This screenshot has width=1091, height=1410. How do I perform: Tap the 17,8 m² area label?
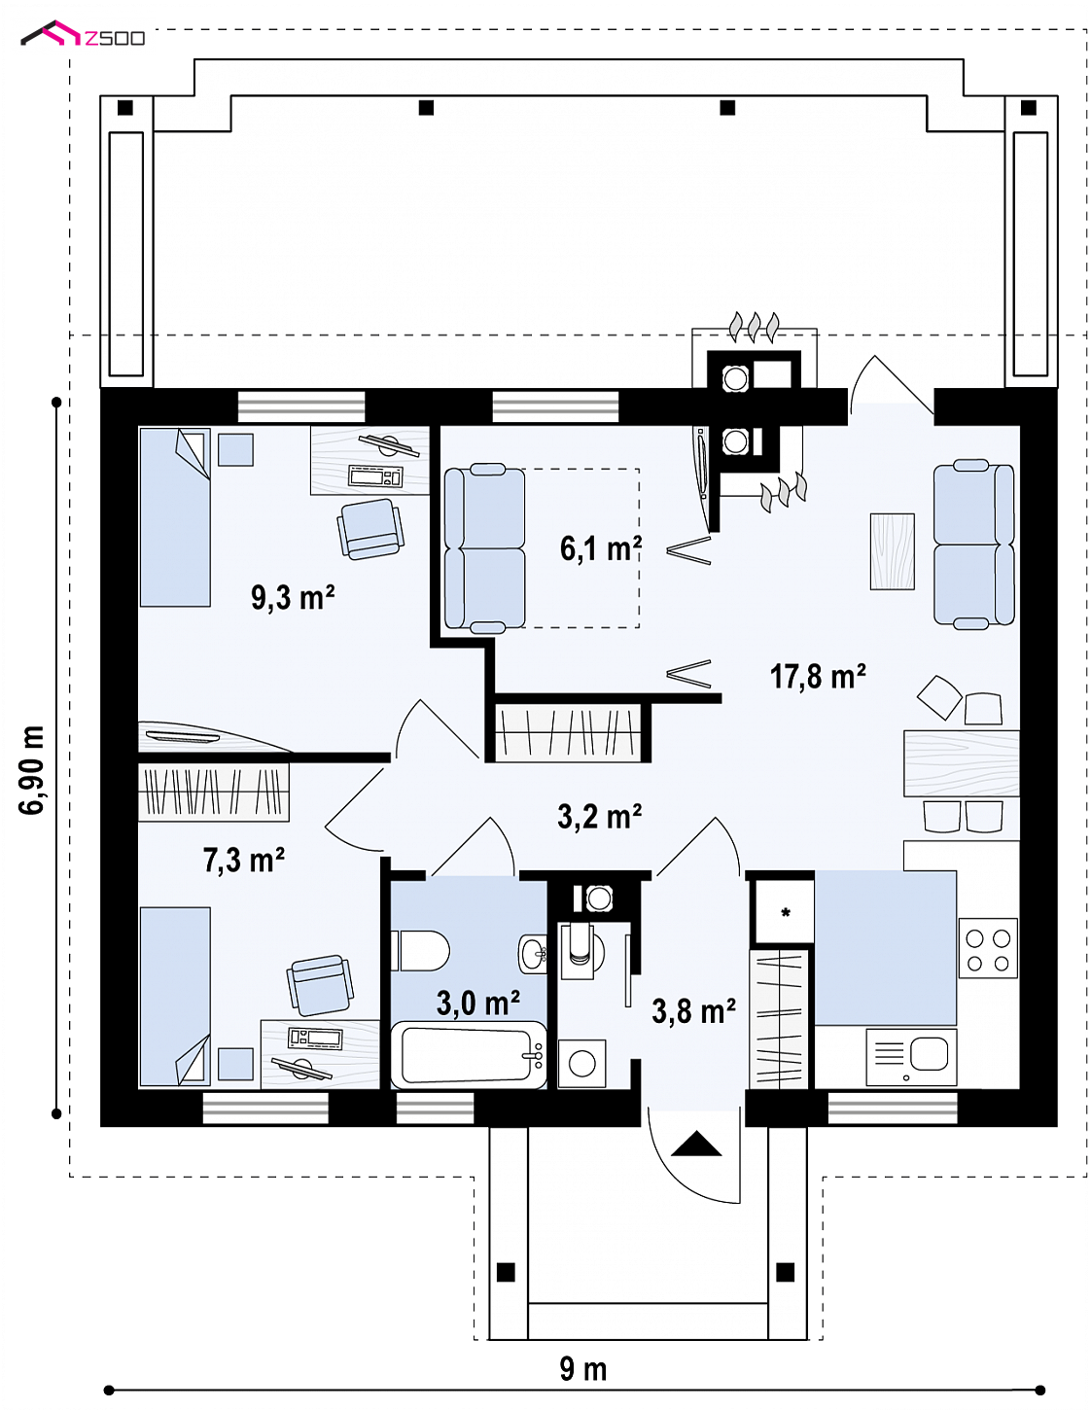(817, 676)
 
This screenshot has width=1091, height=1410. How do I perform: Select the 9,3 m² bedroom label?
(293, 597)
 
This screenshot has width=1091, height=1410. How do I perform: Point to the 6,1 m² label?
(601, 548)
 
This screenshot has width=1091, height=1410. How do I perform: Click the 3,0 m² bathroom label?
(478, 1003)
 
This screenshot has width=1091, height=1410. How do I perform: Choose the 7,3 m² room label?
(244, 860)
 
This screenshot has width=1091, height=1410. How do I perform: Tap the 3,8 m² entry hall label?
(693, 1011)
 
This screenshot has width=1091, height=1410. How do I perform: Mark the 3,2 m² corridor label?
(600, 816)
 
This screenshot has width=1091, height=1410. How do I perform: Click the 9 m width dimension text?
(583, 1369)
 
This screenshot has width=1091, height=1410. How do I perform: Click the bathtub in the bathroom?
(469, 1054)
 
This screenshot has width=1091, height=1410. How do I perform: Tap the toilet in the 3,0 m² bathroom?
(420, 951)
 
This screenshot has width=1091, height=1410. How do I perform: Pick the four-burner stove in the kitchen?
(988, 948)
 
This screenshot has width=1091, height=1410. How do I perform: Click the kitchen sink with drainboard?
(911, 1057)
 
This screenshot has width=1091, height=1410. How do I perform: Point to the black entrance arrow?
(696, 1144)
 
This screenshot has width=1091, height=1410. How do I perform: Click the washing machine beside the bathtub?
(581, 1064)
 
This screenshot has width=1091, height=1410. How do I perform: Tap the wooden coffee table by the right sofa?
(892, 551)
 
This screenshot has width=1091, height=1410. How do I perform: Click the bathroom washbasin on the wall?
(533, 953)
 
